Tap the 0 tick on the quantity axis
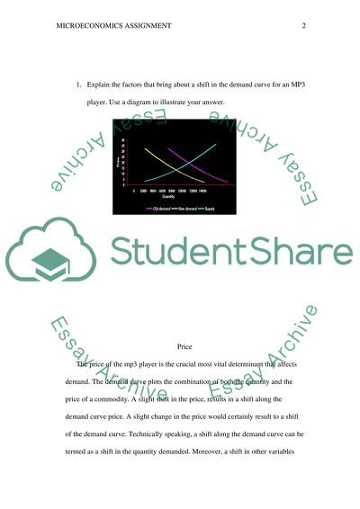(134, 191)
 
